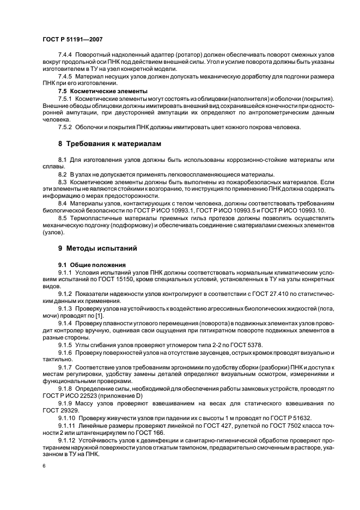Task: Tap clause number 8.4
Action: (x=62, y=203)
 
